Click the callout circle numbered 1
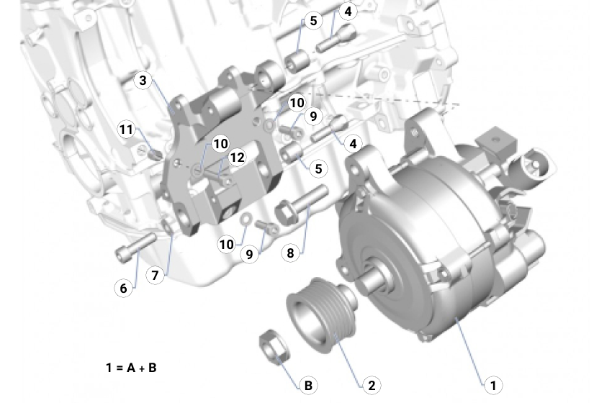[493, 386]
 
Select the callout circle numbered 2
[372, 386]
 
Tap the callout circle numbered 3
[143, 81]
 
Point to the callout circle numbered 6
[124, 288]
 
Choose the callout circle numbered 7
[154, 275]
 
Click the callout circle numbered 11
[127, 130]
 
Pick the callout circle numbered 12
[238, 158]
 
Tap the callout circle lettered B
[308, 386]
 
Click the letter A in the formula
[132, 368]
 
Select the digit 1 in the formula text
[108, 368]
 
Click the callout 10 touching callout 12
[220, 144]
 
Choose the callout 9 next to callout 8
[249, 254]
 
